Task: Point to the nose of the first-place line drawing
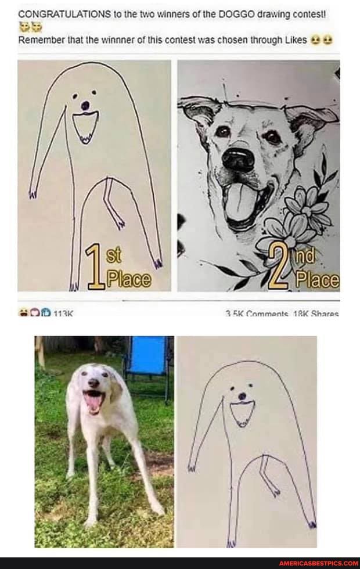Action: pos(85,106)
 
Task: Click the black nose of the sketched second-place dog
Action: pos(237,159)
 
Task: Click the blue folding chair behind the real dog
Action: pos(146,355)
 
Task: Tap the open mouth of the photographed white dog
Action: pos(93,401)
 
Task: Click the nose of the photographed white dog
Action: pos(93,384)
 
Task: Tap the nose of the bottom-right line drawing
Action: pos(242,397)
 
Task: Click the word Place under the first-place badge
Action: pos(128,281)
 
